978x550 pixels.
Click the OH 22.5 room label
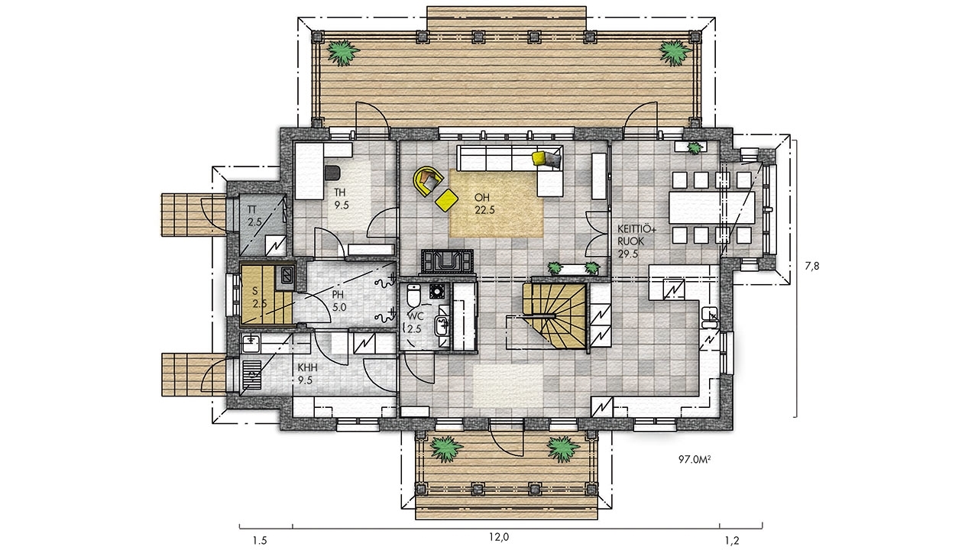click(x=484, y=204)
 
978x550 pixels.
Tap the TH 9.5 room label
click(x=341, y=199)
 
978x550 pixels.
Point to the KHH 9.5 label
click(x=307, y=374)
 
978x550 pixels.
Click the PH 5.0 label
click(x=338, y=301)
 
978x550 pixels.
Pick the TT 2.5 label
click(x=254, y=215)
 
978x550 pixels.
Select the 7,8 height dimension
click(x=812, y=266)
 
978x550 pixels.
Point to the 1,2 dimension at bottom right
click(x=732, y=541)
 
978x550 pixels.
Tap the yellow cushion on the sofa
click(x=539, y=158)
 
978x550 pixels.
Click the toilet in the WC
click(x=413, y=296)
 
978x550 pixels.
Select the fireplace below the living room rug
click(x=447, y=262)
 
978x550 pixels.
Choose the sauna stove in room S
click(x=287, y=276)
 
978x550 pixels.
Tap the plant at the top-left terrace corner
click(x=343, y=53)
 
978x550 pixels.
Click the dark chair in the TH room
click(x=333, y=173)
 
